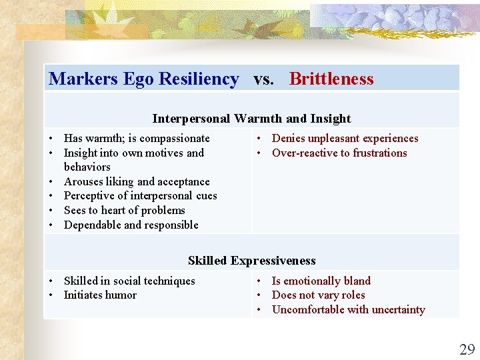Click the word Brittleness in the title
tap(331, 79)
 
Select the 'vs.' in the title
tap(263, 79)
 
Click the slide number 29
tap(467, 349)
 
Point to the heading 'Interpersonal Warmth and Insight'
tap(251, 119)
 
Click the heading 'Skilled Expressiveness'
tap(251, 261)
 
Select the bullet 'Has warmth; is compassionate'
tap(137, 139)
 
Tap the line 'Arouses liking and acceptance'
tap(137, 181)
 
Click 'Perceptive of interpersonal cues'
tap(140, 196)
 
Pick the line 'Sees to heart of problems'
tap(124, 210)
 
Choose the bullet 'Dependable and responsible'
tap(131, 225)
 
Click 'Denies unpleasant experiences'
tap(345, 139)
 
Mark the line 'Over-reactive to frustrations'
tap(339, 153)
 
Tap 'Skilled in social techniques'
tap(129, 281)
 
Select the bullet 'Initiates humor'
tap(100, 295)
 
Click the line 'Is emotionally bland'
tap(321, 281)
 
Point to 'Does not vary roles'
tap(318, 295)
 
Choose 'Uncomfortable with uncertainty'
tap(348, 309)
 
